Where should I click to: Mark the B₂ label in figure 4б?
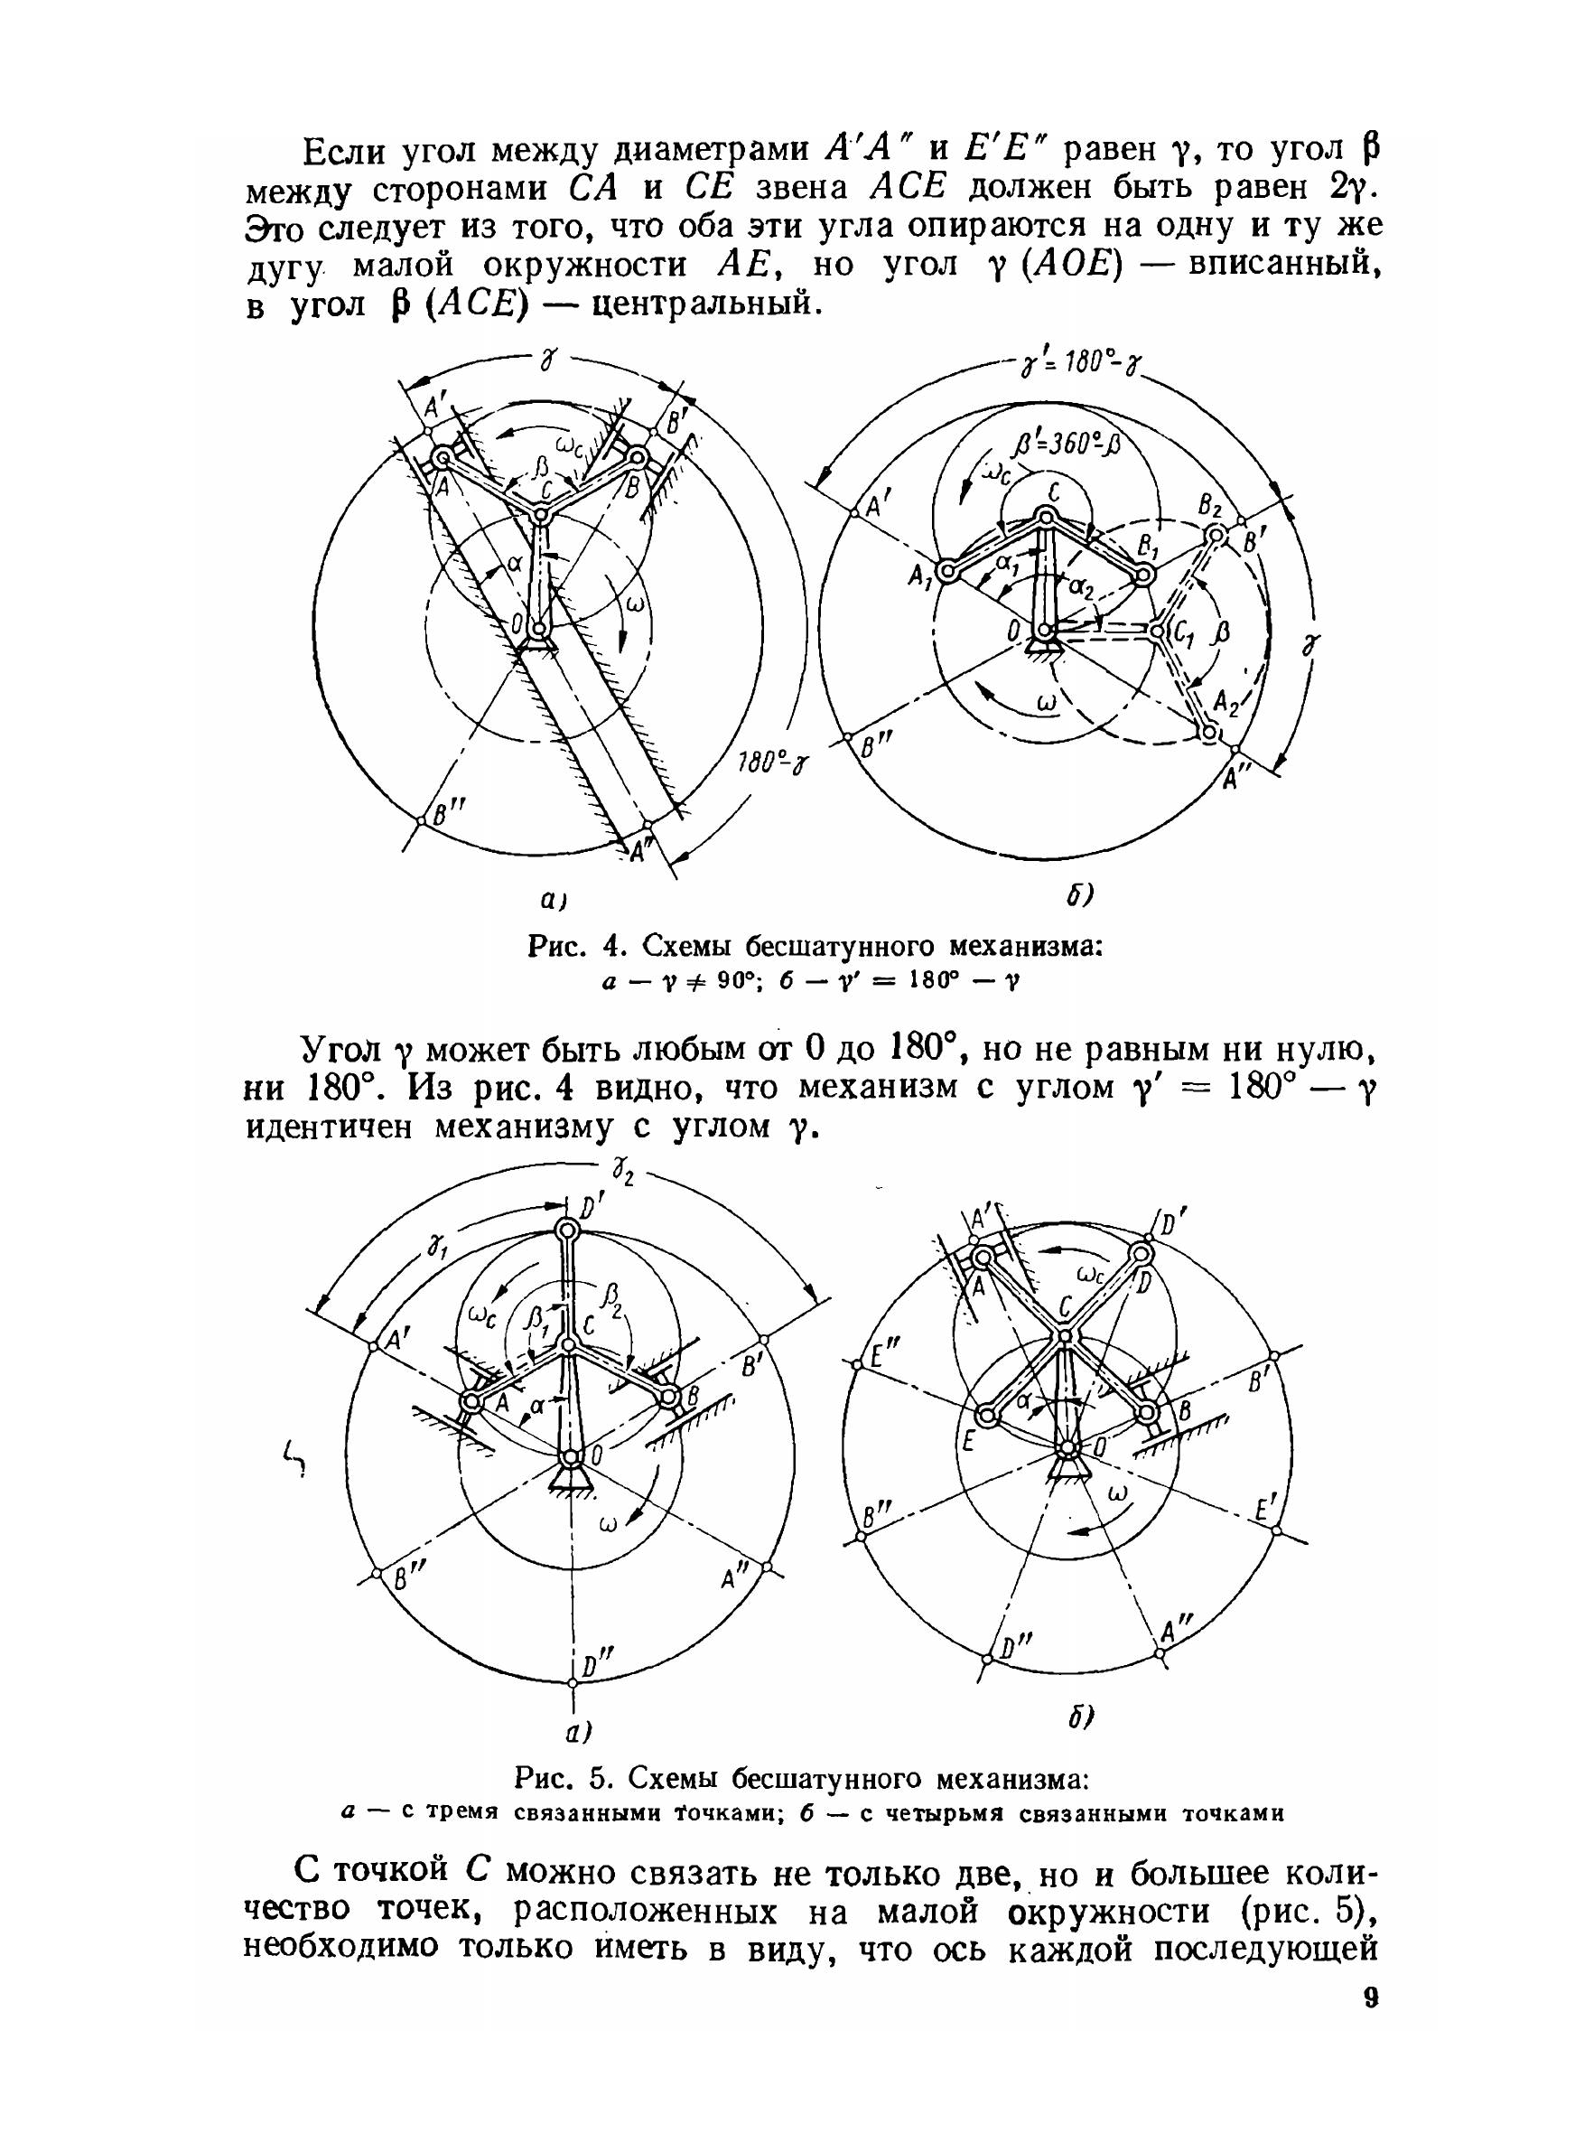[1210, 505]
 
